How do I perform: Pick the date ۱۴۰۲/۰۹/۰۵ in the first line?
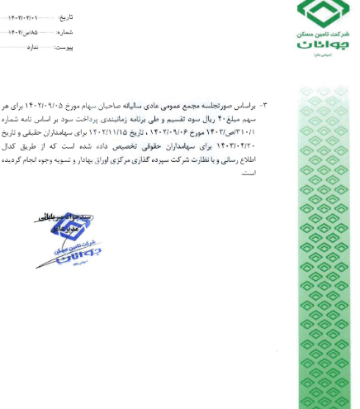tap(83, 107)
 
